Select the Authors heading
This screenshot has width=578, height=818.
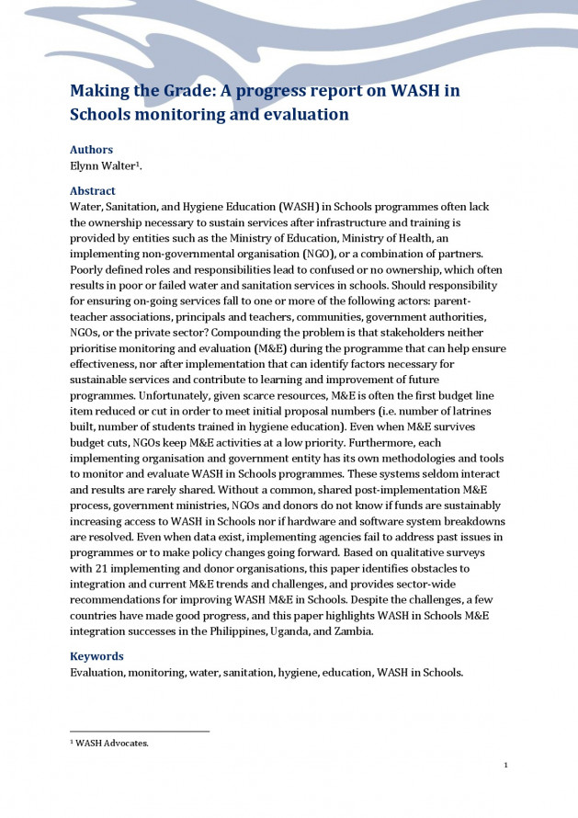click(x=92, y=150)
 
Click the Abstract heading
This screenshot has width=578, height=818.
click(x=93, y=191)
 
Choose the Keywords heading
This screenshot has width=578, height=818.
click(x=96, y=656)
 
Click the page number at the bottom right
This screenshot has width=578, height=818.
click(x=505, y=765)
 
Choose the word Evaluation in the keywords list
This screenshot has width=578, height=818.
click(x=96, y=672)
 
